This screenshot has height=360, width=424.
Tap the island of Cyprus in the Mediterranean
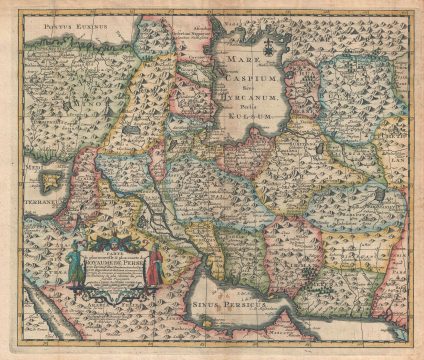[x=52, y=181]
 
